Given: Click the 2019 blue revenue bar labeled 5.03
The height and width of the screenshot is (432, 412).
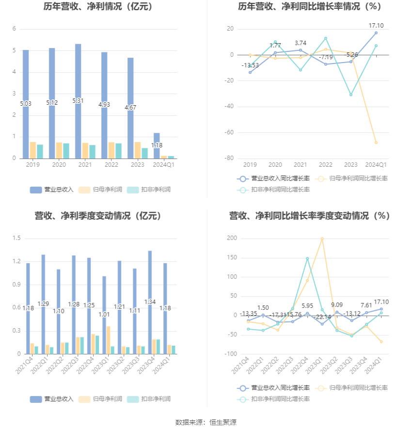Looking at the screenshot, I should (26, 104).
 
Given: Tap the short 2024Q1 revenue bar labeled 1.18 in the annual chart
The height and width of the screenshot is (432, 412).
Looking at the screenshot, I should (157, 145).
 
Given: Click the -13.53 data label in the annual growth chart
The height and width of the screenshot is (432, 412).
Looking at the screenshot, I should (250, 65).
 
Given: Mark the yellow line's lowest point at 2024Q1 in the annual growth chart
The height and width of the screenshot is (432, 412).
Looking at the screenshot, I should (376, 143).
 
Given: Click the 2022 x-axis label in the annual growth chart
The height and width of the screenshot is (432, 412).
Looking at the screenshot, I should (326, 165).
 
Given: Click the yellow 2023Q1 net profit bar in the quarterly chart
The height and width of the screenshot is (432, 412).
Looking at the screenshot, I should (109, 340).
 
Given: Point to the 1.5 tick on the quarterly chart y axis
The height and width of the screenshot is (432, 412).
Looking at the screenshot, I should (17, 238).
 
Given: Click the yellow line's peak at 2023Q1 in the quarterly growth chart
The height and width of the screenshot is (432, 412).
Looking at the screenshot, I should (322, 239).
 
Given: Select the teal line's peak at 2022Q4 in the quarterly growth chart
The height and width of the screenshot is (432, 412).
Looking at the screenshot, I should (307, 258).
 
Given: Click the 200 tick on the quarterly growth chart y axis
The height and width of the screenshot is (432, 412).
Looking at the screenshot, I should (232, 238).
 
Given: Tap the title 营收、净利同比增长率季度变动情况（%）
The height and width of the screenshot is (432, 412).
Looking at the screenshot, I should (310, 216).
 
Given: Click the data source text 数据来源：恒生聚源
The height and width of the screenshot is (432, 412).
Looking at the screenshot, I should (206, 422).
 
